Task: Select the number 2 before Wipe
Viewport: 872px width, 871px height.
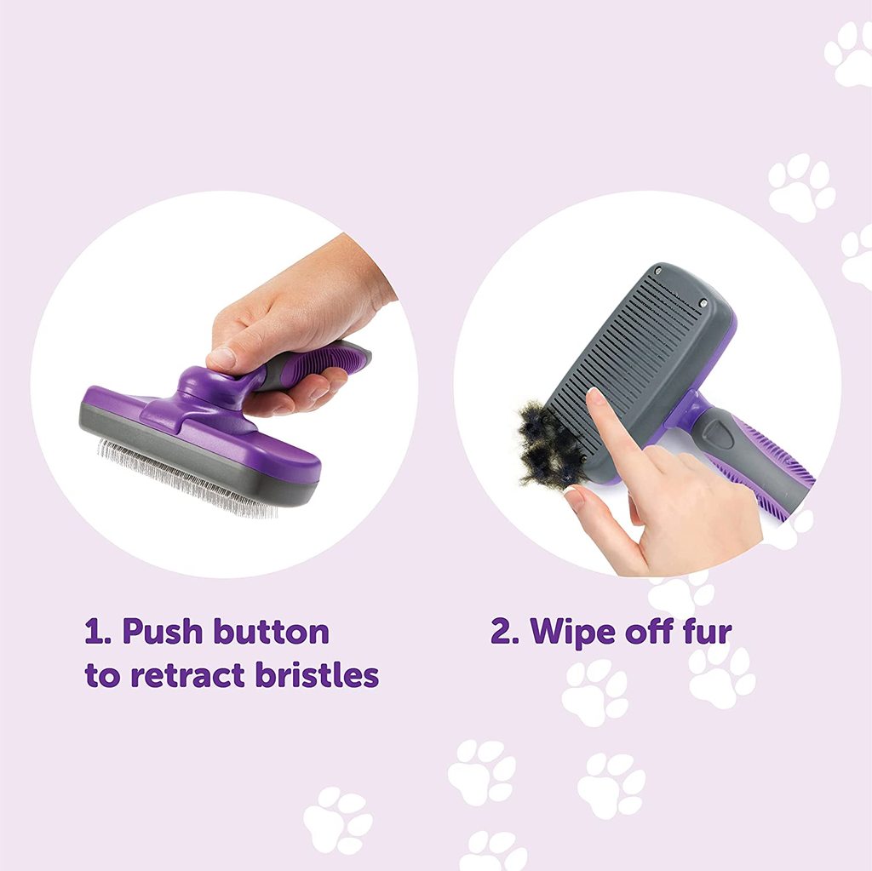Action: coord(502,633)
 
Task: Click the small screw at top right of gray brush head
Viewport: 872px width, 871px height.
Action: coord(703,303)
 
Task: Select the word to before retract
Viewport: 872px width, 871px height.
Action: coord(102,676)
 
